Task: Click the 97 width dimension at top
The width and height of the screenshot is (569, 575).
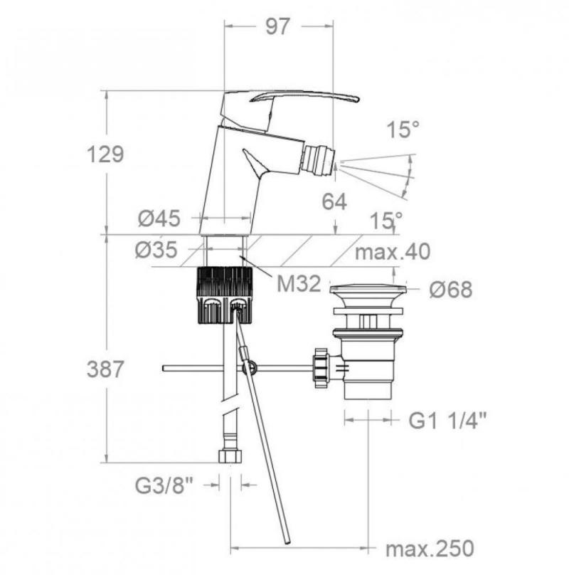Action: pyautogui.click(x=278, y=26)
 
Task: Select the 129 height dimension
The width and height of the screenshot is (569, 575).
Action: pyautogui.click(x=105, y=154)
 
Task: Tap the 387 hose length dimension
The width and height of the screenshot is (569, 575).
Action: pyautogui.click(x=105, y=369)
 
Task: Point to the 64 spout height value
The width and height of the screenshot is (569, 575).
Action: pyautogui.click(x=334, y=201)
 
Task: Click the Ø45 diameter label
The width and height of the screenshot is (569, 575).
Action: pyautogui.click(x=159, y=218)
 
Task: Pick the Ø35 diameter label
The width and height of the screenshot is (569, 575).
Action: pyautogui.click(x=156, y=250)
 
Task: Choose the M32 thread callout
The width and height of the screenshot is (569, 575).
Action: pyautogui.click(x=299, y=284)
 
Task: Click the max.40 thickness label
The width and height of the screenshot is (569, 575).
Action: pyautogui.click(x=393, y=252)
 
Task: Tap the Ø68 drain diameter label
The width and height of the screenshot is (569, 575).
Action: pyautogui.click(x=451, y=290)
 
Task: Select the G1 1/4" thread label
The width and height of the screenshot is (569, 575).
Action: pyautogui.click(x=447, y=421)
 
